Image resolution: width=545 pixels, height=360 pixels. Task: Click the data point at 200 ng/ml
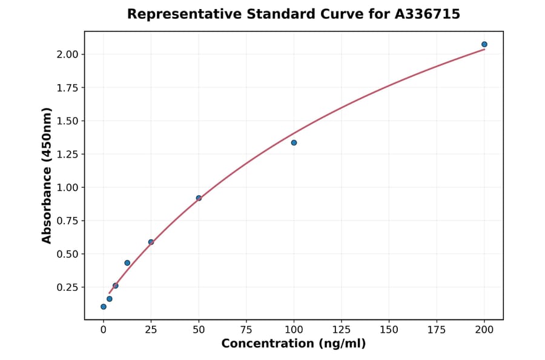[x=484, y=44]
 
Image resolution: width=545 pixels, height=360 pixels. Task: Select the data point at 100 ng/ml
[x=294, y=142]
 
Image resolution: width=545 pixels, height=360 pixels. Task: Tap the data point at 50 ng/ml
[x=199, y=198]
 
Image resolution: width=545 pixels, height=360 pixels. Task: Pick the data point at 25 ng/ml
[x=151, y=242]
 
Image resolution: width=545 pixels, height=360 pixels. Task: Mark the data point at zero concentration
[x=104, y=307]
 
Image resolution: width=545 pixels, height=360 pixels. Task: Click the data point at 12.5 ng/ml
[x=127, y=262]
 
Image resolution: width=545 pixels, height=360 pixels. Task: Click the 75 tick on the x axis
[x=246, y=330]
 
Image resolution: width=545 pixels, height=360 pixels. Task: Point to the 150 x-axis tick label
[x=389, y=330]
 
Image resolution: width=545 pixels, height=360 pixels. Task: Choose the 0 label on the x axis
[x=104, y=330]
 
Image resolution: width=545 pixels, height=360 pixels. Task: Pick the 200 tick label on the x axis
[x=484, y=330]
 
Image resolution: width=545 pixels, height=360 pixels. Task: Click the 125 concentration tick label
[x=342, y=330]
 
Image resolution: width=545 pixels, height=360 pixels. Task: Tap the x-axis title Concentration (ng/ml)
[x=294, y=344]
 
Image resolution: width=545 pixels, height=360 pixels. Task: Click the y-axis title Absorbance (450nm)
[x=47, y=176]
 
